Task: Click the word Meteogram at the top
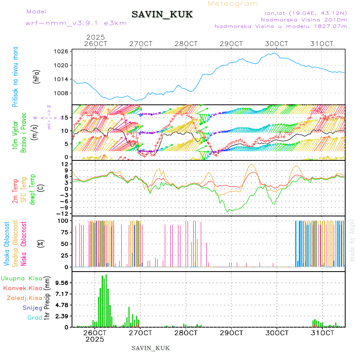[233, 4]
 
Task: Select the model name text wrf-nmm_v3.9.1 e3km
[76, 23]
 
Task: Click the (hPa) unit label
[37, 76]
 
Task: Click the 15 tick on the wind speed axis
[64, 117]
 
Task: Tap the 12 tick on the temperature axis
[64, 164]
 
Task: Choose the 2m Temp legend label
[15, 191]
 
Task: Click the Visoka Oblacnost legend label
[7, 244]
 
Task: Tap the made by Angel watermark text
[352, 240]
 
